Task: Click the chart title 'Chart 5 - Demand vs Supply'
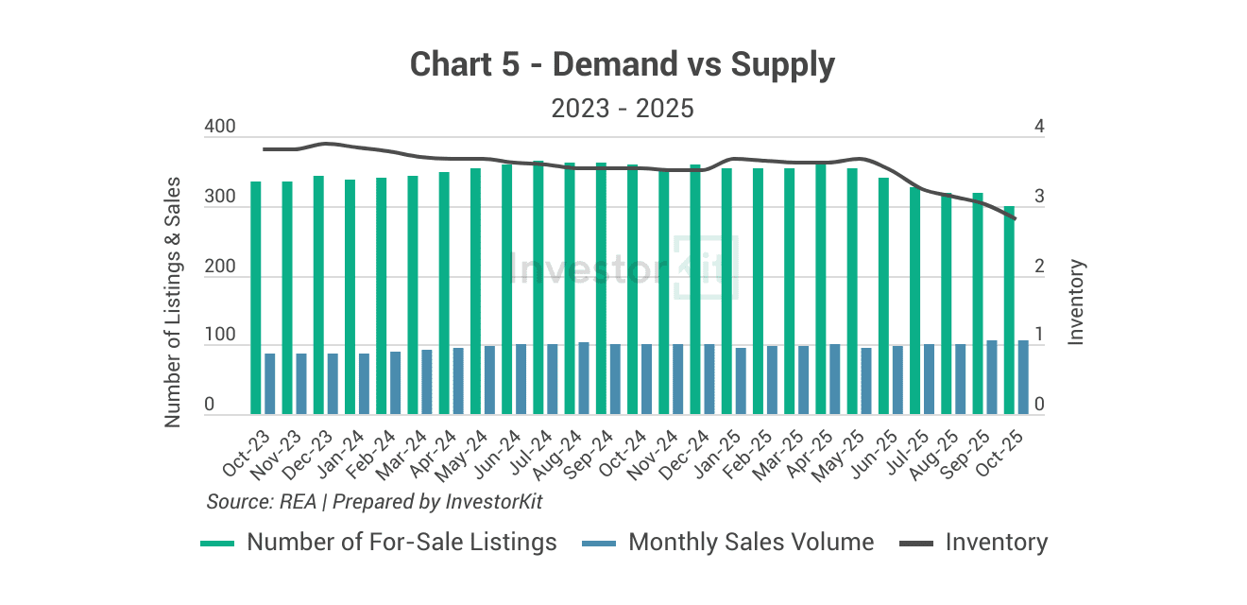623,64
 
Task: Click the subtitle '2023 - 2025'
623,108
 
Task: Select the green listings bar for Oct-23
255,298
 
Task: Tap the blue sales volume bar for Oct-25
1022,377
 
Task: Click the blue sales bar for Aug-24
584,378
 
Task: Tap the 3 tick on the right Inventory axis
1039,198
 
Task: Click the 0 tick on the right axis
1039,405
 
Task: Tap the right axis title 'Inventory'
1076,302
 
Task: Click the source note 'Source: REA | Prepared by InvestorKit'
374,501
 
